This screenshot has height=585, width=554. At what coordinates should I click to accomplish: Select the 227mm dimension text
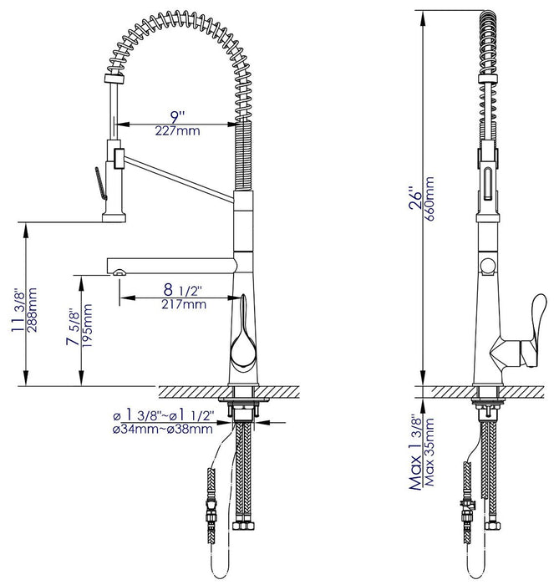pos(177,131)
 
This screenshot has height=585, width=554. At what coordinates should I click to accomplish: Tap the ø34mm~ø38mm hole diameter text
pos(160,429)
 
